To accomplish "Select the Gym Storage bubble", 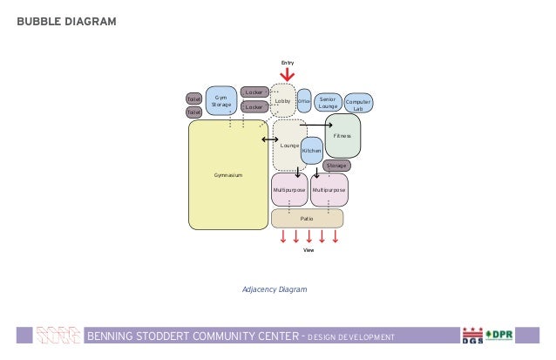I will click(x=220, y=100).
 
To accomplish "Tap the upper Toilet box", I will click(x=193, y=99).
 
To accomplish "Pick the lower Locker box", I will click(x=254, y=106).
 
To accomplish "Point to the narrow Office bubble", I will click(x=304, y=101).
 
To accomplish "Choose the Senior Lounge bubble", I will click(x=328, y=103).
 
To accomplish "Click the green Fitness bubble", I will click(x=342, y=136).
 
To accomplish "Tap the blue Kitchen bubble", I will click(x=311, y=151).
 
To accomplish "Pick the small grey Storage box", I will click(x=336, y=166).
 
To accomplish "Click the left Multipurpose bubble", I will click(x=288, y=189).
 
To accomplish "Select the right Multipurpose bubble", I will click(x=329, y=189).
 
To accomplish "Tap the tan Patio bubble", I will click(x=307, y=218).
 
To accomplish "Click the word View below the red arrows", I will click(x=308, y=250).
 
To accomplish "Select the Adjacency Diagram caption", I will click(x=275, y=288).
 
